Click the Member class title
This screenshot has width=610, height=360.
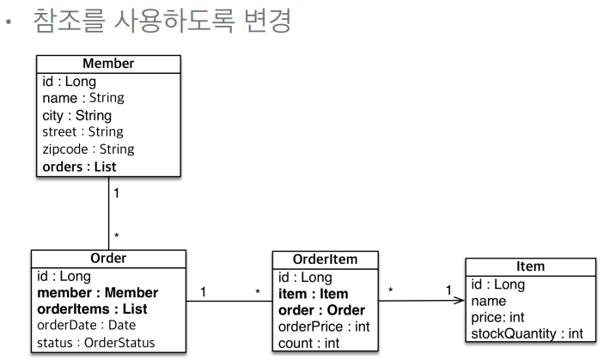coord(108,64)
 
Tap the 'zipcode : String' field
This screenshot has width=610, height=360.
coord(88,149)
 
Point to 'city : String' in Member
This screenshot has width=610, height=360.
coord(76,115)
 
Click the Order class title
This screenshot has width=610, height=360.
coord(108,259)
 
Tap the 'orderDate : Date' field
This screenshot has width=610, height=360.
coord(86,326)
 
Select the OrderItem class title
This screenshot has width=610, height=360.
coord(325,259)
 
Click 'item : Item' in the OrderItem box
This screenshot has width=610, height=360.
coord(313,293)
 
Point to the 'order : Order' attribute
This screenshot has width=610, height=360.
coord(321,310)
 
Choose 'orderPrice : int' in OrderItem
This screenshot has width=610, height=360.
coord(323,326)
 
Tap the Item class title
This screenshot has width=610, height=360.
coord(530,267)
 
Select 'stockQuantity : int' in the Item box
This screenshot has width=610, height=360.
coord(528,333)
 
